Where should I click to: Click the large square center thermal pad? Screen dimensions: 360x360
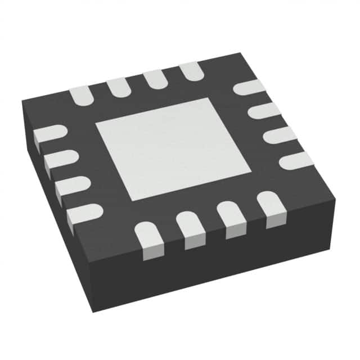coord(173,148)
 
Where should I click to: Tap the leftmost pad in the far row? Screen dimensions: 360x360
coord(80,95)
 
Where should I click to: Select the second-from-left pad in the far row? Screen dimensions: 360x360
coord(118,86)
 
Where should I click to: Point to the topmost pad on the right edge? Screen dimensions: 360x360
coord(249,87)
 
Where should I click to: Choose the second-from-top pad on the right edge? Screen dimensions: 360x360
coord(264,110)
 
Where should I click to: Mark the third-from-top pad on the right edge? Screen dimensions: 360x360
coord(280,135)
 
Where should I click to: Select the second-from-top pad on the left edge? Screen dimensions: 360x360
coord(58,160)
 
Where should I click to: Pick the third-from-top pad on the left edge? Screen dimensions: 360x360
coord(71,186)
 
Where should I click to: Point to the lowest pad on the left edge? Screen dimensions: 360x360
coord(84,214)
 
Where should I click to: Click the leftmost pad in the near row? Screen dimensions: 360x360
coord(149,239)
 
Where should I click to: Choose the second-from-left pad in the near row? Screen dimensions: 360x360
coord(191,228)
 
